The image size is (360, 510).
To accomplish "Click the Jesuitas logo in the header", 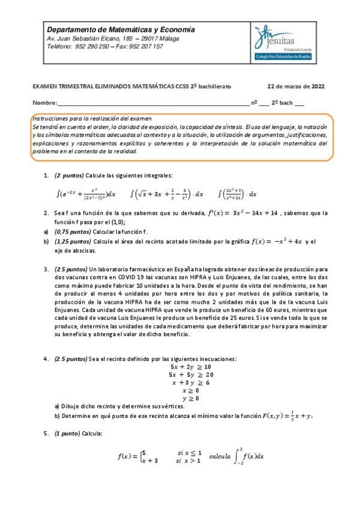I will [x=287, y=42].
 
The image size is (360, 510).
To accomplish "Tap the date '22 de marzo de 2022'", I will [x=296, y=86].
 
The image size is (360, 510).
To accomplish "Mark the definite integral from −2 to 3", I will [x=243, y=456].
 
